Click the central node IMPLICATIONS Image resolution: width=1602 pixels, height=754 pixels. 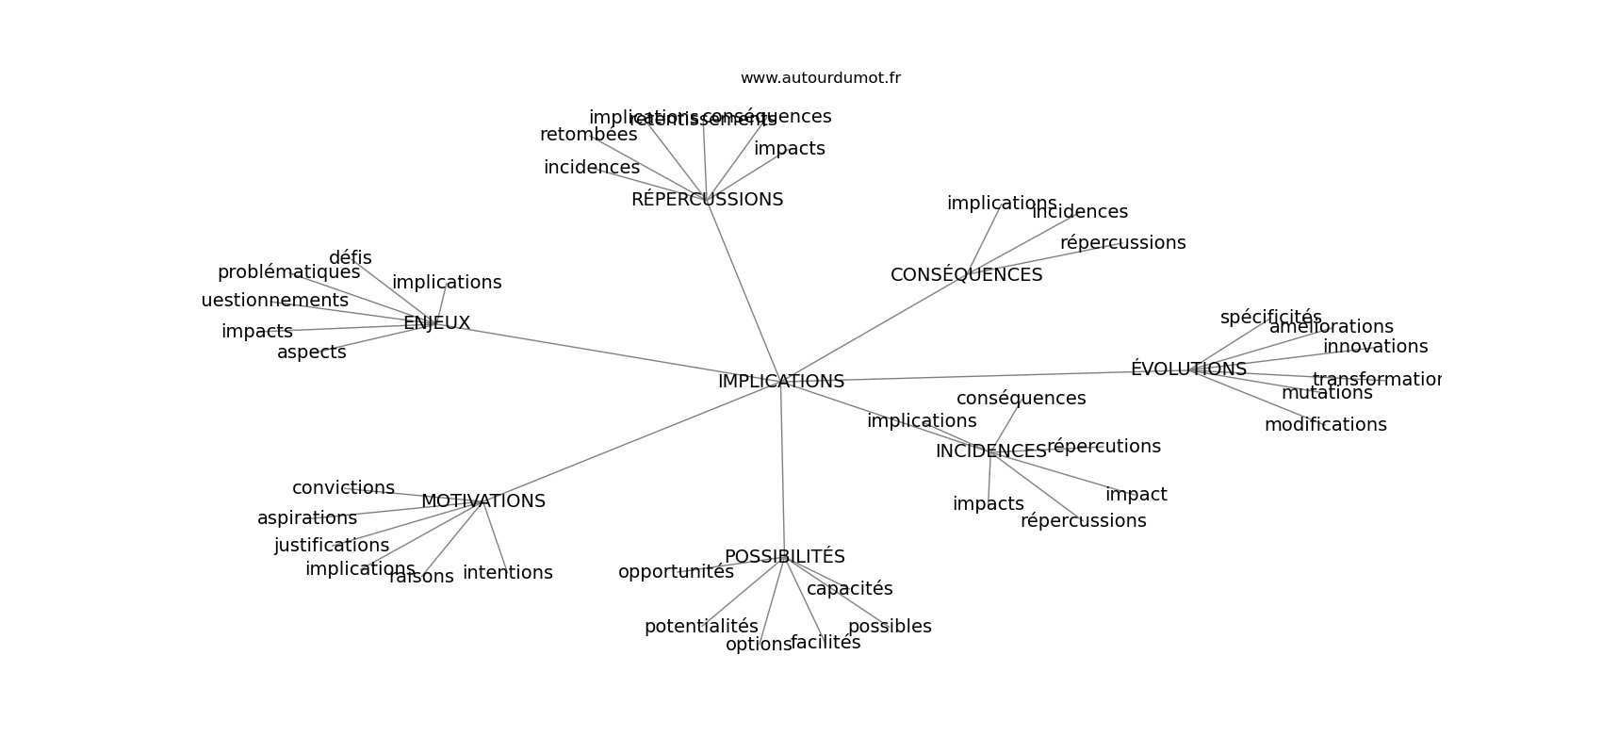(780, 382)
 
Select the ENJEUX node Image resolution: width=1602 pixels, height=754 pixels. (436, 323)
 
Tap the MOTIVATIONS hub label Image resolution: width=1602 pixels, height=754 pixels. (482, 501)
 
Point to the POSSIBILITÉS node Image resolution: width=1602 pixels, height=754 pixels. (784, 557)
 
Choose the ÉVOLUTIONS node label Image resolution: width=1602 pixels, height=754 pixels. (1188, 369)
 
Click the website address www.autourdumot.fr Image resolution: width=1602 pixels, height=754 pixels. (820, 78)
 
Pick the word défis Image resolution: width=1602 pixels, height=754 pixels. (350, 258)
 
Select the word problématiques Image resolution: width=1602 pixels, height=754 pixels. (288, 272)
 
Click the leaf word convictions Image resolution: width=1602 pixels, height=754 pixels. (343, 488)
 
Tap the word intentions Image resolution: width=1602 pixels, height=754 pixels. (507, 573)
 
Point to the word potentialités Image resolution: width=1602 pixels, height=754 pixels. (701, 627)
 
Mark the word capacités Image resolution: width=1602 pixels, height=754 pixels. (849, 589)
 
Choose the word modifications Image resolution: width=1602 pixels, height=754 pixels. (1325, 425)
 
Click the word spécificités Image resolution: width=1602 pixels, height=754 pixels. (1270, 318)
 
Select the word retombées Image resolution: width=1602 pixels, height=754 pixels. (588, 135)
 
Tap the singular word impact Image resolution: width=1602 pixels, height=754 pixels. (1136, 495)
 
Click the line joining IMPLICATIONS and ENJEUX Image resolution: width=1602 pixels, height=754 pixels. (603, 352)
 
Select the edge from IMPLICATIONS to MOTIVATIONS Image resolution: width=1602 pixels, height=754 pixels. (631, 441)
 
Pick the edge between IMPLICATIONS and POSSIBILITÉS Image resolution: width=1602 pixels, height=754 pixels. (782, 471)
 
